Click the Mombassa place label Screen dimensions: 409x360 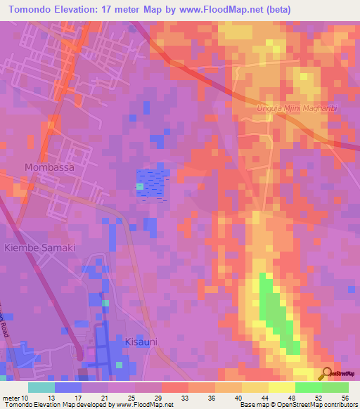49,167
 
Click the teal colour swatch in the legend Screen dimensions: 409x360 41,387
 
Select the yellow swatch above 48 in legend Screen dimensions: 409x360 281,387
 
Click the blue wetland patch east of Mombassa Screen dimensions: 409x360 153,183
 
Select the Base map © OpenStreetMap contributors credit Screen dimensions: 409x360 299,405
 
